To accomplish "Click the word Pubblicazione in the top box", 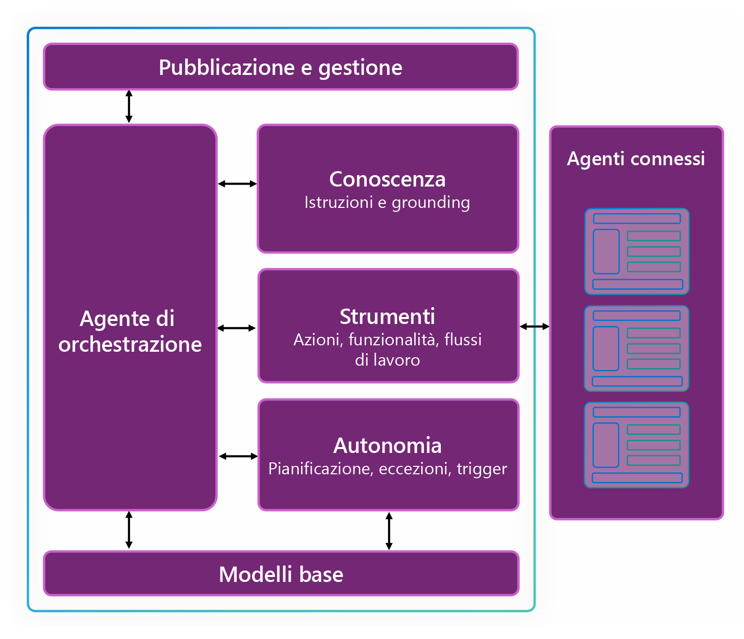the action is pyautogui.click(x=227, y=67).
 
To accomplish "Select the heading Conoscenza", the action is pyautogui.click(x=387, y=179).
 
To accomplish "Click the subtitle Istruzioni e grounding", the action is pyautogui.click(x=387, y=202).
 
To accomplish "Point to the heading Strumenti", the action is pyautogui.click(x=387, y=317).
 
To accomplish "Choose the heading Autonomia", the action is pyautogui.click(x=387, y=446).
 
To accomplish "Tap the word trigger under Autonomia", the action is pyautogui.click(x=482, y=469).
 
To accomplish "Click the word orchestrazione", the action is pyautogui.click(x=130, y=344).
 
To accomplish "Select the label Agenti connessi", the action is pyautogui.click(x=636, y=159).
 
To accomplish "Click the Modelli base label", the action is pyautogui.click(x=281, y=574).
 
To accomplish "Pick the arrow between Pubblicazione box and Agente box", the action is pyautogui.click(x=129, y=107).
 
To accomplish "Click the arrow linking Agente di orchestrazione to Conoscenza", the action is pyautogui.click(x=238, y=184).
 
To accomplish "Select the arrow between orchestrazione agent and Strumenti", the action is pyautogui.click(x=236, y=328).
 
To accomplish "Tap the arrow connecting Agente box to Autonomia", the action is pyautogui.click(x=238, y=456).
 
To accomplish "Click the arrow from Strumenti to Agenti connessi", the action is pyautogui.click(x=535, y=326).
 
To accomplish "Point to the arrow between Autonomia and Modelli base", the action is pyautogui.click(x=389, y=531).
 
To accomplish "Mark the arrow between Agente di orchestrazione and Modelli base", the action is pyautogui.click(x=129, y=530).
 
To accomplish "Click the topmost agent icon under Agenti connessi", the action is pyautogui.click(x=637, y=252).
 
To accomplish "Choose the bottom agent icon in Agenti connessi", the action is pyautogui.click(x=636, y=445).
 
